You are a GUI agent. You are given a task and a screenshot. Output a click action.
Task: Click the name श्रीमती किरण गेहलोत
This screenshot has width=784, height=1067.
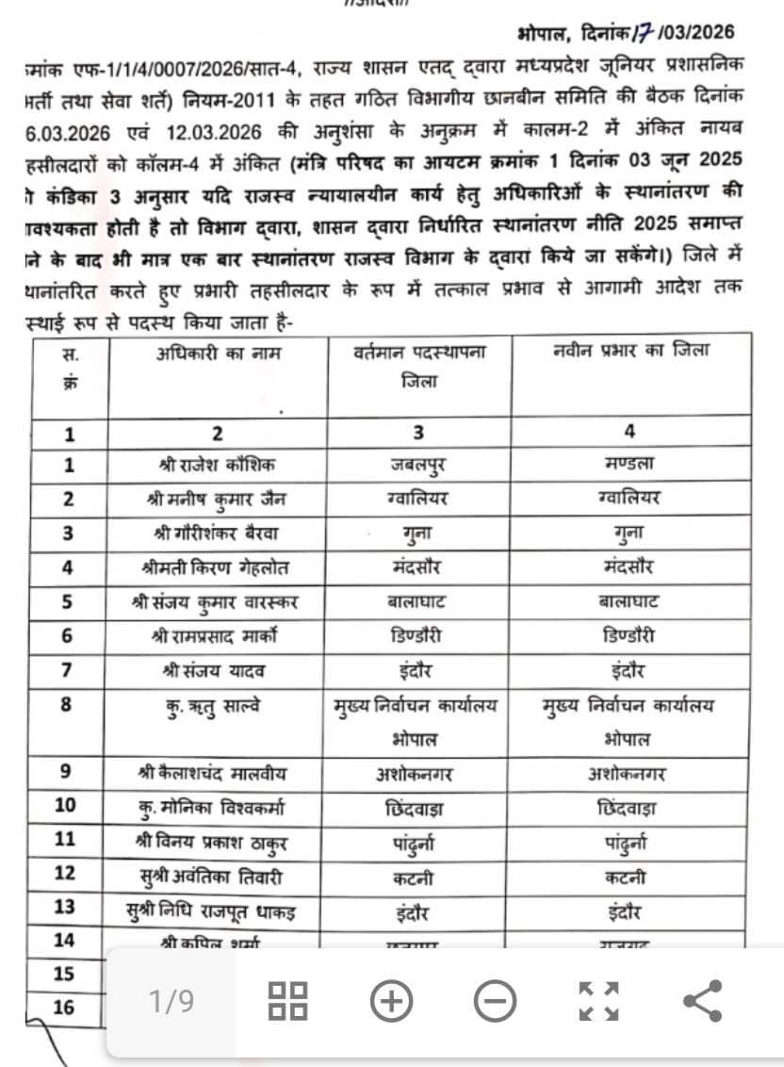tap(218, 567)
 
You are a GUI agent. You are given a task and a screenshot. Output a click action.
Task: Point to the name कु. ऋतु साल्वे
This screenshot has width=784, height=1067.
tap(218, 702)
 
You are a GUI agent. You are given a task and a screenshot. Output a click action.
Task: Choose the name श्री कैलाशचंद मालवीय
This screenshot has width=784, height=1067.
tap(218, 774)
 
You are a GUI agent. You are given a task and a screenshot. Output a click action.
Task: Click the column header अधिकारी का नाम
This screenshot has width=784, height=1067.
tap(218, 353)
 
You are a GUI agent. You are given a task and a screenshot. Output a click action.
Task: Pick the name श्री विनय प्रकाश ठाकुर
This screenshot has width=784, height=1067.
tap(218, 843)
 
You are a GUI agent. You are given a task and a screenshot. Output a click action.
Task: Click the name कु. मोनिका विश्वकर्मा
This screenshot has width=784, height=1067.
tap(218, 809)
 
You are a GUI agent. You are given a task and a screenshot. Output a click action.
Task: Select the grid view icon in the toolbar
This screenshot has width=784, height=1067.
tap(287, 1001)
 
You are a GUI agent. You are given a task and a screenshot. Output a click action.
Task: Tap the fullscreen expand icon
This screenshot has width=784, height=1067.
tap(598, 1001)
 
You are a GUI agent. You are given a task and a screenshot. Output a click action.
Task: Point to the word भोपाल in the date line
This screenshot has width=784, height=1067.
tap(542, 34)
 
